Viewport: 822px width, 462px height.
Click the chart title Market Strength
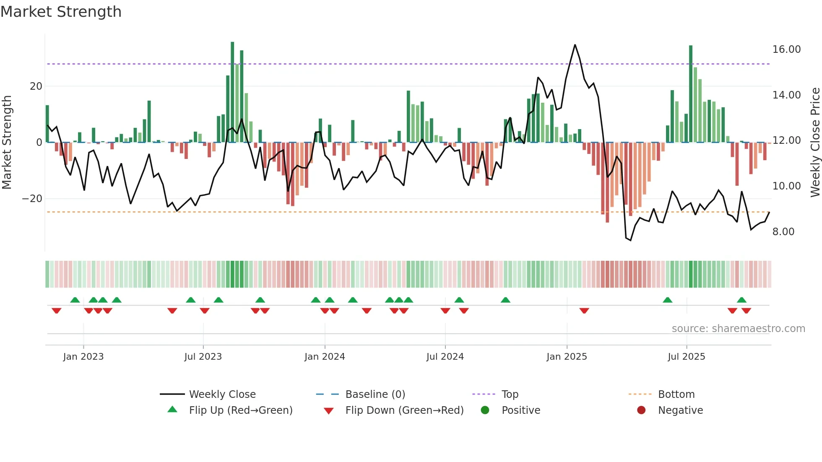[61, 12]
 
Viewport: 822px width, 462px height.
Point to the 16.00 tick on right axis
[786, 49]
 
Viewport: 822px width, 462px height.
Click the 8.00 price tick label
[783, 232]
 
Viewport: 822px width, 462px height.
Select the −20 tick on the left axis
[32, 199]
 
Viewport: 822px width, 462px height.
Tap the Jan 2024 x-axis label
[325, 357]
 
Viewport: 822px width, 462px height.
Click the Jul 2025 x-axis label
[686, 357]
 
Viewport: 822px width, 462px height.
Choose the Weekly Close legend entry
[222, 395]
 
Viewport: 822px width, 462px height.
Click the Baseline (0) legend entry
[375, 395]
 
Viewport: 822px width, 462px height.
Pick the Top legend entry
[510, 395]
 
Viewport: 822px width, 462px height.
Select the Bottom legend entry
[676, 395]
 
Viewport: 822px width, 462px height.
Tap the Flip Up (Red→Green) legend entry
[240, 410]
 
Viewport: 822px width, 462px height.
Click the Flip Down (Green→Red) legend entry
[404, 410]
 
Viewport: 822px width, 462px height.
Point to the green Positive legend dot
[485, 410]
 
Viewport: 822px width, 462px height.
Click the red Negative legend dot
[641, 410]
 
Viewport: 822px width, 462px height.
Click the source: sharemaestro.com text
[738, 329]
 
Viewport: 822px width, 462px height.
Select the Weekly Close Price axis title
[815, 143]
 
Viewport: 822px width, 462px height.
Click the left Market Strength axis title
[7, 143]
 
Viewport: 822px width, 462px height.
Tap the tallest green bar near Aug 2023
[232, 92]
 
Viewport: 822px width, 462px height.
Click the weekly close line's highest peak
[575, 45]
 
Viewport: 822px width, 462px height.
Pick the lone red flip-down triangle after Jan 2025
[584, 311]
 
